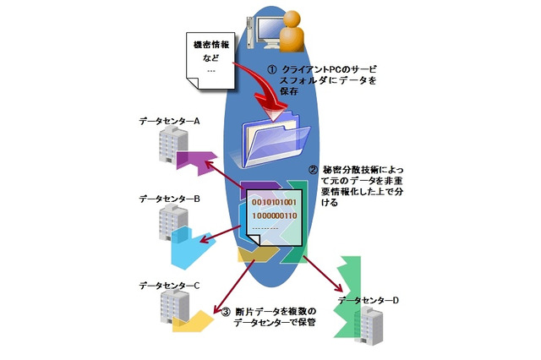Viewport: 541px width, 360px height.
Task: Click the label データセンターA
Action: pyautogui.click(x=169, y=122)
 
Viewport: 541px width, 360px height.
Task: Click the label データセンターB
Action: pyautogui.click(x=169, y=200)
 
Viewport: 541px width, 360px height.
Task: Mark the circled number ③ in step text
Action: pyautogui.click(x=226, y=311)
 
